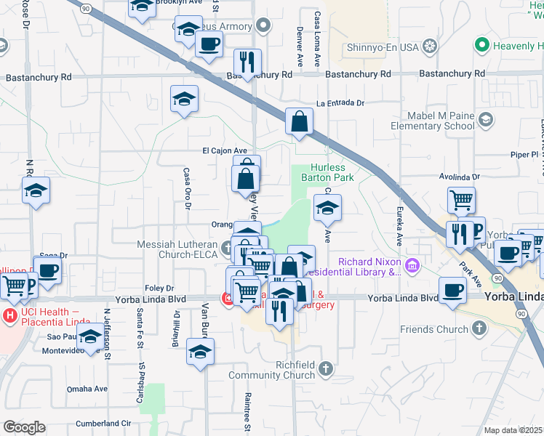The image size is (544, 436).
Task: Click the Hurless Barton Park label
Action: coord(333,172)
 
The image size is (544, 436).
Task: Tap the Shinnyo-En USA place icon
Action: coord(431,47)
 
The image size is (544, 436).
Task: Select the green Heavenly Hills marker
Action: coord(481,46)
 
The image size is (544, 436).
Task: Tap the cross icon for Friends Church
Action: coord(478,329)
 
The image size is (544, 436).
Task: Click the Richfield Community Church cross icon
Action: coord(326,369)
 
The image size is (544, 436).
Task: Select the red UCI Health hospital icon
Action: coord(10,316)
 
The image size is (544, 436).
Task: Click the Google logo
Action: coord(24,427)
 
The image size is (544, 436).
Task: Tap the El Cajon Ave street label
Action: coord(230,150)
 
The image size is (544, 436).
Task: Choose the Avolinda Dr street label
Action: coord(460,177)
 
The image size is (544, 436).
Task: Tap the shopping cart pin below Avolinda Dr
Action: coord(461,200)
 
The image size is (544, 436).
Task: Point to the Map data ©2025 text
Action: coord(513,430)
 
